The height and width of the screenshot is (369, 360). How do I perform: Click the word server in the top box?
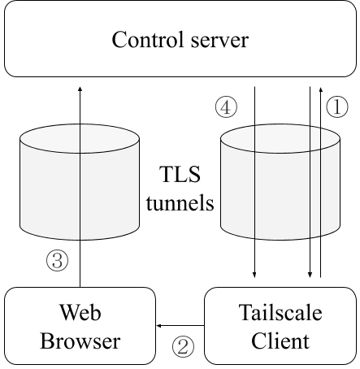[219, 41]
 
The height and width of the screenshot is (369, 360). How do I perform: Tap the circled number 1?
[337, 107]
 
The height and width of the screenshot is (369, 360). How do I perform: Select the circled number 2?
[183, 346]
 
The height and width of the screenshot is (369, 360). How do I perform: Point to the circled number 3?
[57, 260]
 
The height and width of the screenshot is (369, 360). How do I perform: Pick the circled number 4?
[226, 107]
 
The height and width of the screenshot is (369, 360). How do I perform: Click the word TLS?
[180, 174]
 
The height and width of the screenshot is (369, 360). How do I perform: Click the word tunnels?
[180, 202]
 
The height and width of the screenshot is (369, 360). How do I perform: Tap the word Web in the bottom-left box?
[80, 312]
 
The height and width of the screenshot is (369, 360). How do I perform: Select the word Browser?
[80, 341]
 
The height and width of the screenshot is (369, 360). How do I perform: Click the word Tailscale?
[280, 312]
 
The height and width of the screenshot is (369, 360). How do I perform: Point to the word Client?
[280, 341]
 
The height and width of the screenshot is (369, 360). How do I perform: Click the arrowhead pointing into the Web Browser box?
[159, 325]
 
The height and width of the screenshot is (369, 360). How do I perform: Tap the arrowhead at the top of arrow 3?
[80, 89]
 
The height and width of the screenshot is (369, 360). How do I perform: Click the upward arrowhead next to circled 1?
[321, 89]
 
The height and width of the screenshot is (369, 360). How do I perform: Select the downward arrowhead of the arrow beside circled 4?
[254, 275]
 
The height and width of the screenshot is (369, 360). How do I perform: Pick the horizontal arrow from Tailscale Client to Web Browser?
[180, 325]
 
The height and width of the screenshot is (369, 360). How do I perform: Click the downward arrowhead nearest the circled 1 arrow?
[310, 275]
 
